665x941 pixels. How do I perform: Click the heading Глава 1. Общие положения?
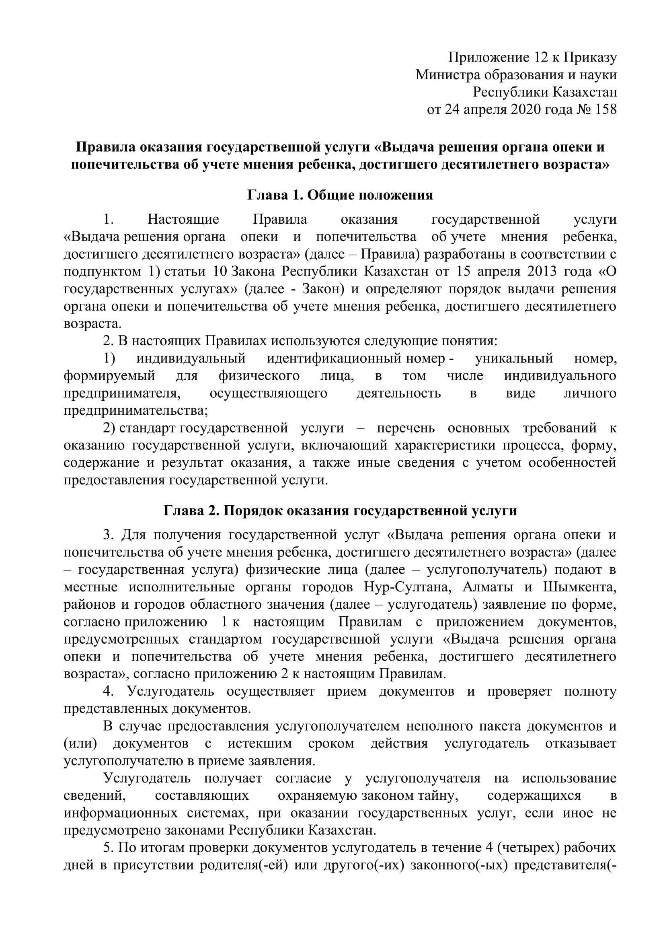point(340,195)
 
